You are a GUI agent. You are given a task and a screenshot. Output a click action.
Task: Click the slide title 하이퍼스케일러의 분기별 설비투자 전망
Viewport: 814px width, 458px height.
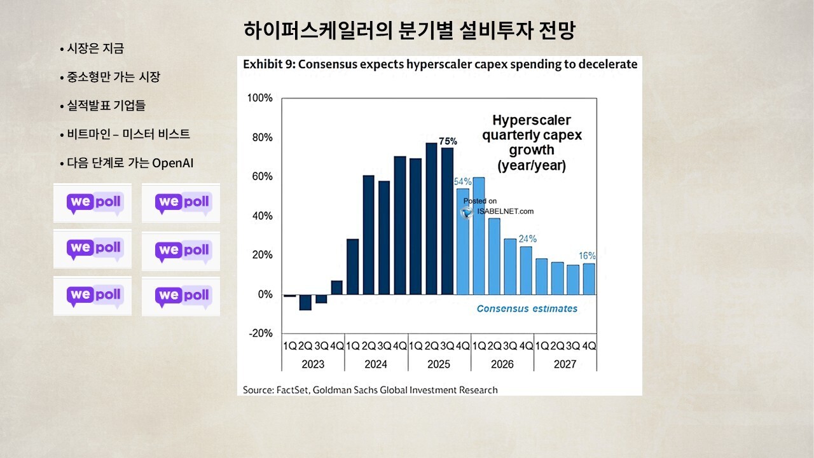coord(409,31)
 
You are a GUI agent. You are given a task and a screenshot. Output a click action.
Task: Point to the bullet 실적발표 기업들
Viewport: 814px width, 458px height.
coord(102,106)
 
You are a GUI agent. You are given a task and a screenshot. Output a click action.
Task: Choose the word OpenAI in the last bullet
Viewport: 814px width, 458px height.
coord(173,163)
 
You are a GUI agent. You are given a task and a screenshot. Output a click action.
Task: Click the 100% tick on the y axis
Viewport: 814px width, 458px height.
coord(259,98)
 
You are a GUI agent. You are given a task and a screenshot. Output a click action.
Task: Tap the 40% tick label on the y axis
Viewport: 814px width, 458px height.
coord(261,216)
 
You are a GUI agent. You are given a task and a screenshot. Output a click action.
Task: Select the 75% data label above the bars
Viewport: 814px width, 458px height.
coord(448,141)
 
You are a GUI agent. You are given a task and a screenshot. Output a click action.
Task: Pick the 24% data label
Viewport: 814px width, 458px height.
coord(527,239)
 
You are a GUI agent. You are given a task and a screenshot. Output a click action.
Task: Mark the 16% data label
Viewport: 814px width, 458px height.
coord(587,256)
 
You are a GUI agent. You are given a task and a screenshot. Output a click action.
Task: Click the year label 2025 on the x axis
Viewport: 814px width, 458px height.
coord(439,364)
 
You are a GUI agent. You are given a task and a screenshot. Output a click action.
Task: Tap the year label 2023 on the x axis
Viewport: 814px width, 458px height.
coord(313,364)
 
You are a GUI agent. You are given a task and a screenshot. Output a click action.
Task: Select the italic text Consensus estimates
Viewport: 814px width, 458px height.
coord(527,309)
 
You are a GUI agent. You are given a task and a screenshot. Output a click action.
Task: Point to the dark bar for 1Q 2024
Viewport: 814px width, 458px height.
coord(352,267)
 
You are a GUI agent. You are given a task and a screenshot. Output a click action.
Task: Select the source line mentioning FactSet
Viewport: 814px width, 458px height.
coord(370,389)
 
